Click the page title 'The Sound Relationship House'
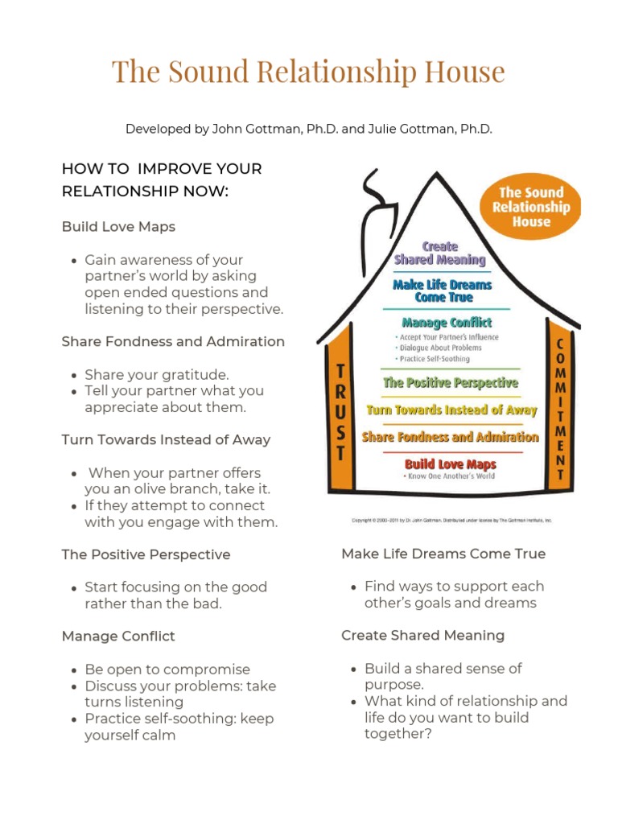(x=308, y=72)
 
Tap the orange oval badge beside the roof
(x=530, y=207)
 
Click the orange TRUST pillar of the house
(x=340, y=410)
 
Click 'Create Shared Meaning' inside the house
(x=440, y=253)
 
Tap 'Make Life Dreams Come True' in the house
(x=442, y=290)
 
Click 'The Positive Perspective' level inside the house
(x=451, y=382)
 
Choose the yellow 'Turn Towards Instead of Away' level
(x=451, y=410)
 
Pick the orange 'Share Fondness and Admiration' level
(x=450, y=437)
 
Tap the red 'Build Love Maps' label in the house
(x=450, y=464)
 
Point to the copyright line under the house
(x=451, y=521)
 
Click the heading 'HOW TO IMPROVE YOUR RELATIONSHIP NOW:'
(x=162, y=180)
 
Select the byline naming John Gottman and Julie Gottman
(x=308, y=128)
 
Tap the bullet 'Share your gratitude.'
(x=157, y=375)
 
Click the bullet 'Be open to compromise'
(x=167, y=669)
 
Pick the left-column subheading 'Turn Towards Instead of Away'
(x=166, y=439)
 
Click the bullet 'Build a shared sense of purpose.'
(x=443, y=676)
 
